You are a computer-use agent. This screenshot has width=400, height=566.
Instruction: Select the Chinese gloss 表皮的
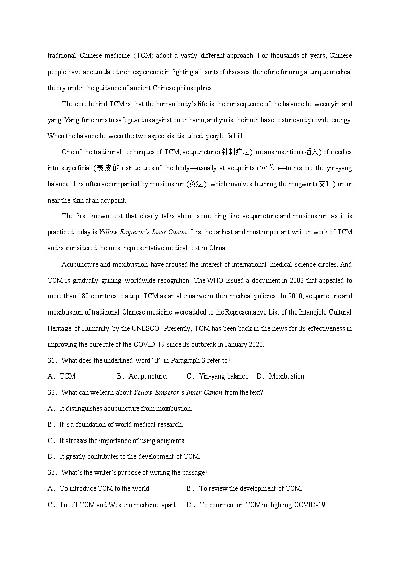tap(110, 168)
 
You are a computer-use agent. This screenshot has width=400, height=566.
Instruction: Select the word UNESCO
tap(146, 329)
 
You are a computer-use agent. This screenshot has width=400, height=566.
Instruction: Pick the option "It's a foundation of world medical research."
tap(121, 425)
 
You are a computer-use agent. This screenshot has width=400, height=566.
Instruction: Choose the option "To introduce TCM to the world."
tap(105, 488)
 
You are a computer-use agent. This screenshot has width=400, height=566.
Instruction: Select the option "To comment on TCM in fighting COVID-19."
tap(263, 505)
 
